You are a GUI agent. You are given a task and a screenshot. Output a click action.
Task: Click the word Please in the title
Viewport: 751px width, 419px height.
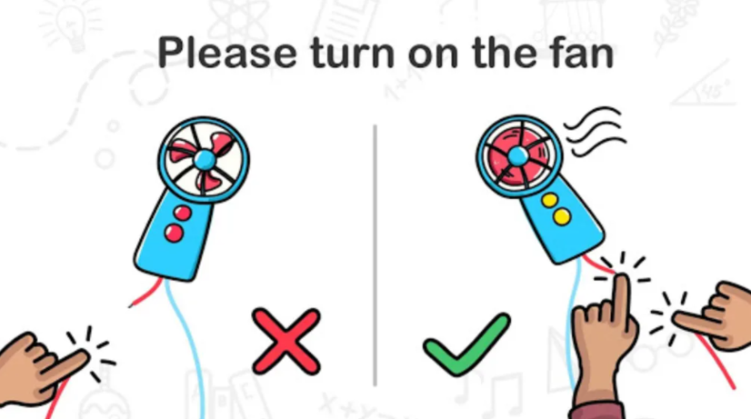pos(227,53)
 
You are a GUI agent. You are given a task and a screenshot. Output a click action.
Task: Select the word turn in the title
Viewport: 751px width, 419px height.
pos(352,53)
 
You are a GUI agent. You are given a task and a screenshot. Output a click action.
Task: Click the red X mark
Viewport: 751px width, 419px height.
pos(286,341)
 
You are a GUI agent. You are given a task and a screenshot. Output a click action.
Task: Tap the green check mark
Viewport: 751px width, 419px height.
pos(466,344)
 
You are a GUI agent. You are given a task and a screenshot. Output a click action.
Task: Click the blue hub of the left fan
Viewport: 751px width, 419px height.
pos(205,159)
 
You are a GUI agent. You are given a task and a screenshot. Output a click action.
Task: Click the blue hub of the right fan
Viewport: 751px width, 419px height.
pos(517,155)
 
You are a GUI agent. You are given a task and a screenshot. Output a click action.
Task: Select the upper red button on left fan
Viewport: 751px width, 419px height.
pos(183,213)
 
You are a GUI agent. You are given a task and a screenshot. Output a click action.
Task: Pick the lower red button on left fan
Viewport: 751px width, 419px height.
pos(174,234)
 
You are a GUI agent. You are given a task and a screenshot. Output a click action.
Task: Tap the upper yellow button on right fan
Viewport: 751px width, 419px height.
pos(550,200)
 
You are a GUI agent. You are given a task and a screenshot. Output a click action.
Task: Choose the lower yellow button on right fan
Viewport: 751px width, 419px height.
pos(562,217)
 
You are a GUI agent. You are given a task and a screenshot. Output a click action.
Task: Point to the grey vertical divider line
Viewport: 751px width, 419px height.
pos(375,255)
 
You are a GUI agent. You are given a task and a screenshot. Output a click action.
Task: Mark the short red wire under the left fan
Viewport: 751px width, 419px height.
pos(146,293)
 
